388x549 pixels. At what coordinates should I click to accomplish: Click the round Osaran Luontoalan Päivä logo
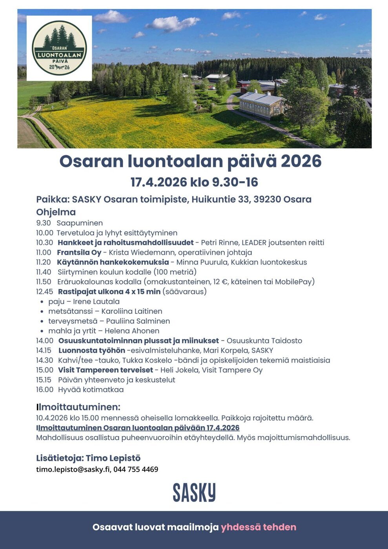(59, 48)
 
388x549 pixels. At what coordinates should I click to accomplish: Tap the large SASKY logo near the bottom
(194, 492)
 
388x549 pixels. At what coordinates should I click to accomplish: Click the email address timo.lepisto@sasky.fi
(73, 469)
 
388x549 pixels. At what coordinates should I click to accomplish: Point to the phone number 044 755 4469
(136, 469)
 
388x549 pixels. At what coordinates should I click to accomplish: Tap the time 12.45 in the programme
(44, 292)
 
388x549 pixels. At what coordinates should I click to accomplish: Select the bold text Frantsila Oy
(79, 252)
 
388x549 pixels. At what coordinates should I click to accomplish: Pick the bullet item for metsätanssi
(70, 311)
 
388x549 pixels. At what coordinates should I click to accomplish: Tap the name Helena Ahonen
(132, 331)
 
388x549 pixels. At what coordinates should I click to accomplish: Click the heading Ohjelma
(56, 212)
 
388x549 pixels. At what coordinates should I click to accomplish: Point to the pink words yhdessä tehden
(258, 527)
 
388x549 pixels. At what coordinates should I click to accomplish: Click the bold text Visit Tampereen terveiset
(105, 370)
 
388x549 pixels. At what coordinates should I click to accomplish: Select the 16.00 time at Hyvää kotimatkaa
(44, 390)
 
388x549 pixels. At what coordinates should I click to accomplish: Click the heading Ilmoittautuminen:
(78, 407)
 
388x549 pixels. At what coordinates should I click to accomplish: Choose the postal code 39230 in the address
(267, 199)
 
